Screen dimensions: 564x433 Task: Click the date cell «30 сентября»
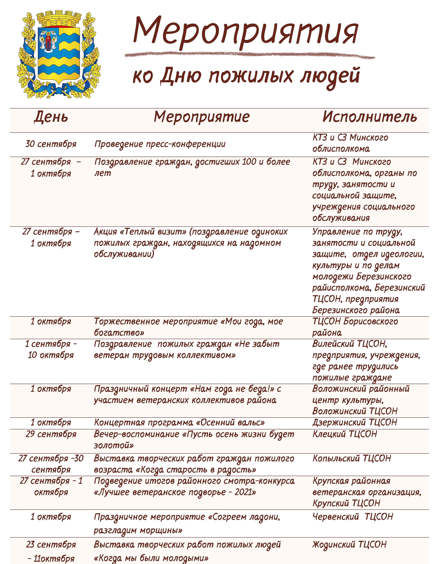click(51, 144)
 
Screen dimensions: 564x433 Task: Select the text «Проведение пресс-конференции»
click(160, 144)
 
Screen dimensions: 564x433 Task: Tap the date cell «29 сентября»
click(51, 434)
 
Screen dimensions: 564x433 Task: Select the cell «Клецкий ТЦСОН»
click(345, 434)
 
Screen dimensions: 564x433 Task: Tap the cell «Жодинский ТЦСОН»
click(349, 544)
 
